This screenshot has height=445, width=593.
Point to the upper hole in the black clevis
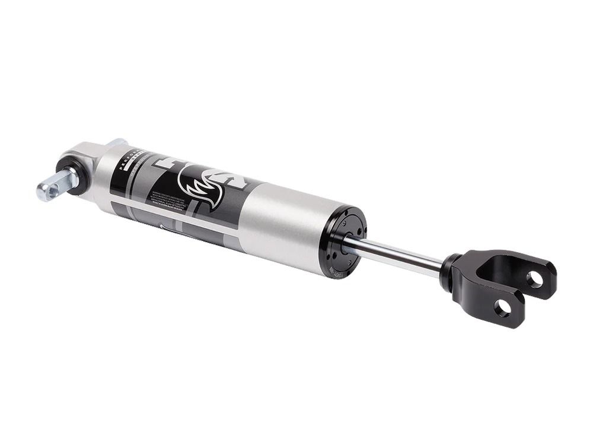coord(535,278)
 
